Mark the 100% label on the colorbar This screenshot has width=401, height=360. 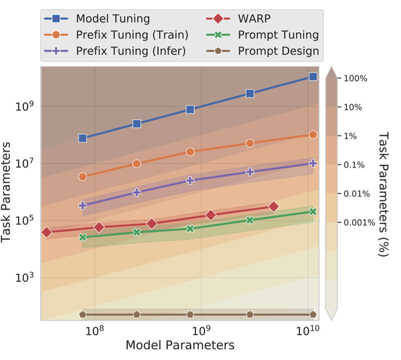point(354,78)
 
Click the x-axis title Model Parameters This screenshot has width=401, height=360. point(180,345)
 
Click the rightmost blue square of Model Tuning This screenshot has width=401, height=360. point(313,77)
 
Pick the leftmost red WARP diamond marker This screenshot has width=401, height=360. point(47,232)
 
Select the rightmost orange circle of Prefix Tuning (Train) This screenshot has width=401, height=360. point(313,134)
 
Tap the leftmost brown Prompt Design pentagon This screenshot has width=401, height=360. point(83,314)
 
